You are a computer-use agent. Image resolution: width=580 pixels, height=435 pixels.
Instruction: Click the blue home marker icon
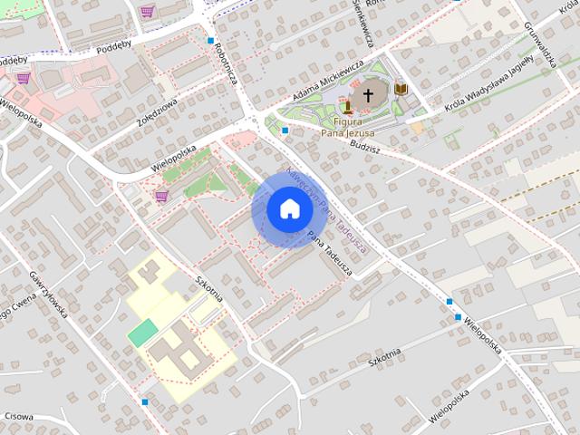(289, 209)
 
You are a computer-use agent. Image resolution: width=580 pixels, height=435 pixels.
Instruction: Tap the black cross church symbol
(368, 93)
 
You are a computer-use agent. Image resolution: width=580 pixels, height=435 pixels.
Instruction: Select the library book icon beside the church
(401, 88)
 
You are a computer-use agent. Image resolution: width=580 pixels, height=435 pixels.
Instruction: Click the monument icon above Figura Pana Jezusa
(347, 107)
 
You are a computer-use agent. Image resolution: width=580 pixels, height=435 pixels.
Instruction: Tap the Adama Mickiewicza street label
(327, 82)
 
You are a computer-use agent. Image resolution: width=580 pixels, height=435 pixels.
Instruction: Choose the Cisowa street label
(18, 418)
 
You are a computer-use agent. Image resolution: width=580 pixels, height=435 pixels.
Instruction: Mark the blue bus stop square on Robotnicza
(210, 41)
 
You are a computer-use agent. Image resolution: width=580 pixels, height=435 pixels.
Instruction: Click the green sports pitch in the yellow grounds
(141, 333)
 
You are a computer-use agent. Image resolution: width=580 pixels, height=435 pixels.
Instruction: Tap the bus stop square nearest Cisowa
(145, 401)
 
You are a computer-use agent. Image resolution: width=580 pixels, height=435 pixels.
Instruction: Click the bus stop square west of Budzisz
(285, 130)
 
